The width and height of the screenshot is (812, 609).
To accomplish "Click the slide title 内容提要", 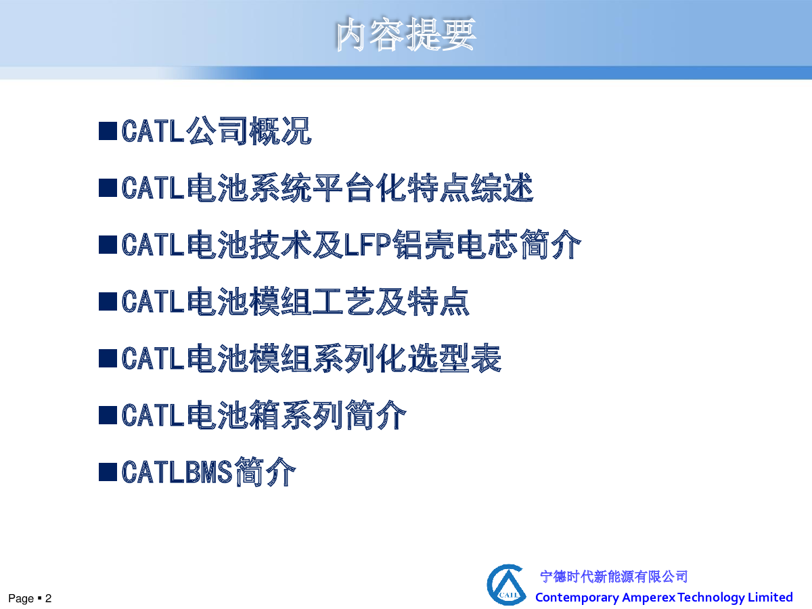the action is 406,34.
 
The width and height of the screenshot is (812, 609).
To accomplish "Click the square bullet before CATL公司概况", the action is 108,131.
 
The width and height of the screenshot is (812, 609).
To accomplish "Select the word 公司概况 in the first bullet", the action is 248,131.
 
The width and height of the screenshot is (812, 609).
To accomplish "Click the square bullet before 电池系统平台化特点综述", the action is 108,188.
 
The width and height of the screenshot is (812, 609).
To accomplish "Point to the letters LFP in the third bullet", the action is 367,244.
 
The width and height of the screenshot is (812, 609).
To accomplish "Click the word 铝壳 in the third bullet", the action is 423,244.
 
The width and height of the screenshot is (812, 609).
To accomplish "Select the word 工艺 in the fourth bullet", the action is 343,301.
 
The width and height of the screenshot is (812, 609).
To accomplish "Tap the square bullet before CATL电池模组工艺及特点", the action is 108,302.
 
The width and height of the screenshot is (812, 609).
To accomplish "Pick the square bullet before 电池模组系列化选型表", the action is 108,359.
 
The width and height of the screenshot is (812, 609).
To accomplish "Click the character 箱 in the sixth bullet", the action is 264,415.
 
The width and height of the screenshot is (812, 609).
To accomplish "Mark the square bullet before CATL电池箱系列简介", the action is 108,415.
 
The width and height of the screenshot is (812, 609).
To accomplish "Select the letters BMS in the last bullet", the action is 208,472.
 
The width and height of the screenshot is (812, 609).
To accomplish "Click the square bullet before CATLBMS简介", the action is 108,472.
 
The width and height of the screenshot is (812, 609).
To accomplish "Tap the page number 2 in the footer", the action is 48,598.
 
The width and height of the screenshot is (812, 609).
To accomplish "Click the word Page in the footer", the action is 21,599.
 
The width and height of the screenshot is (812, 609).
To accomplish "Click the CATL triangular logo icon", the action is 506,585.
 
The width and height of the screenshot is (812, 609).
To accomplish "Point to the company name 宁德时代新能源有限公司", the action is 614,577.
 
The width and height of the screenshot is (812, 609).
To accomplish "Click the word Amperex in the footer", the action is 648,597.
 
